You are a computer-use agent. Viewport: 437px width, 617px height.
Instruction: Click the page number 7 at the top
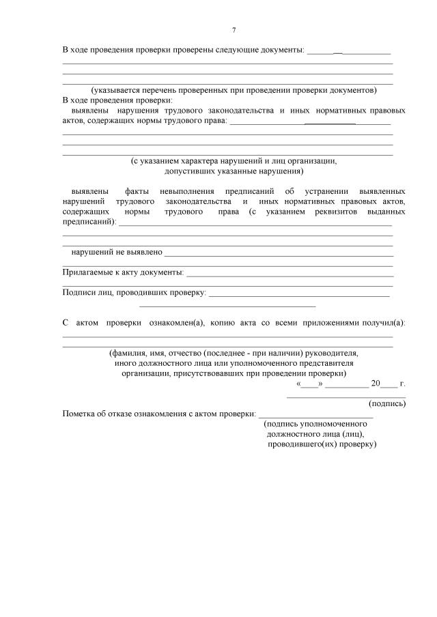pyautogui.click(x=234, y=31)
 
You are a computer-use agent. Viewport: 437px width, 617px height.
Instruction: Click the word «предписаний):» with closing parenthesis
pyautogui.click(x=89, y=222)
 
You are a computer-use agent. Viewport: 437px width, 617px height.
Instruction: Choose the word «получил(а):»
pyautogui.click(x=383, y=323)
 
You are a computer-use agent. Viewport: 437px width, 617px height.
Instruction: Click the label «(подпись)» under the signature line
pyautogui.click(x=387, y=403)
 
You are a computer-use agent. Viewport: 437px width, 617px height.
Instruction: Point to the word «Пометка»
pyautogui.click(x=79, y=414)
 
